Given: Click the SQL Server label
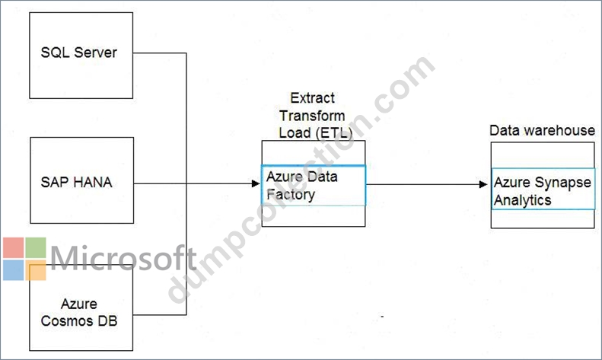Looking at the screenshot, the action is [x=78, y=53].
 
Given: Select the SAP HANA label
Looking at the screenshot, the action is [x=76, y=182].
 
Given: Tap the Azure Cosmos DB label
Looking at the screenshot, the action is [x=78, y=312].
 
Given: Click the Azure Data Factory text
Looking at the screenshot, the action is [x=302, y=186].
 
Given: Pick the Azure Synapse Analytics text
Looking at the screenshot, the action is [x=542, y=191].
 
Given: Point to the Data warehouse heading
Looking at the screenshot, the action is [x=542, y=130].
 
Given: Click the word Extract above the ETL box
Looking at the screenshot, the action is [x=313, y=98].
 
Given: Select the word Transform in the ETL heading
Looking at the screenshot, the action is [x=312, y=116].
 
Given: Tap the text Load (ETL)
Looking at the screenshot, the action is [x=316, y=132].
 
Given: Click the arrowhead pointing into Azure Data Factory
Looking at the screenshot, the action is [x=256, y=183].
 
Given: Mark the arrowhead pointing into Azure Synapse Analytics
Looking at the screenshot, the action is [x=483, y=185].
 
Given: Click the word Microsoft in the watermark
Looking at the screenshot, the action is [x=123, y=258].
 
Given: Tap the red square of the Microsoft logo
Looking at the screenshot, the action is [x=14, y=247].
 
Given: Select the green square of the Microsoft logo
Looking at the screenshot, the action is [x=36, y=247].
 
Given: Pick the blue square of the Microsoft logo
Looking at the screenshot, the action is [x=14, y=270].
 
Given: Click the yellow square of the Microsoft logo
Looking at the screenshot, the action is [x=36, y=270].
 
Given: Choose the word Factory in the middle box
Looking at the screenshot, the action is [x=291, y=195].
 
